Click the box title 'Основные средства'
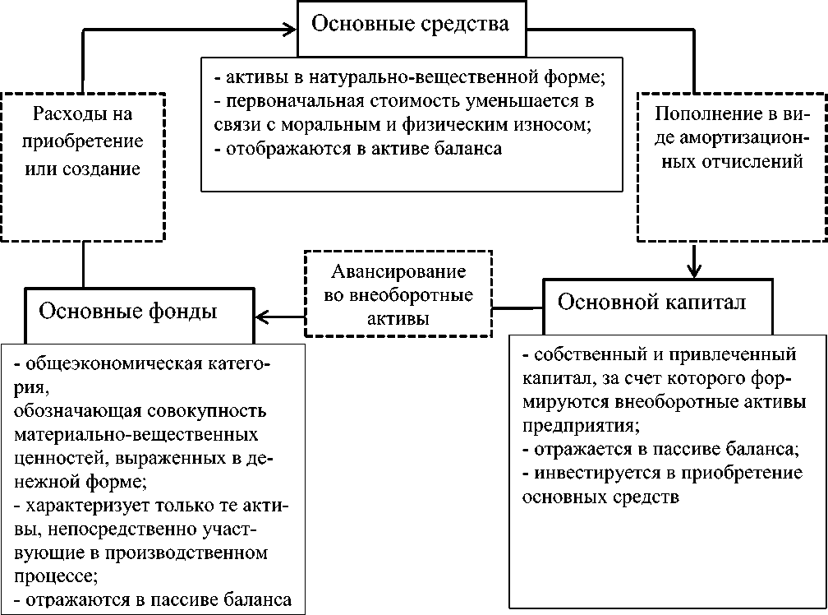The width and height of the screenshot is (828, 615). point(408,24)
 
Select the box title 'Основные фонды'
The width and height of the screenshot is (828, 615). point(128,312)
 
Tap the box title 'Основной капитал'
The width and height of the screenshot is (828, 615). point(651,302)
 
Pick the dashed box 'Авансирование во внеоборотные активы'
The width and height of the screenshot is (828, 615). point(398,294)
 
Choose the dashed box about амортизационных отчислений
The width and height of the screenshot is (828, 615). point(731,165)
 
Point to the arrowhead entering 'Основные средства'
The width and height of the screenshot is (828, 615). point(289,30)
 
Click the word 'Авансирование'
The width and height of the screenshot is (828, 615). point(399,273)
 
